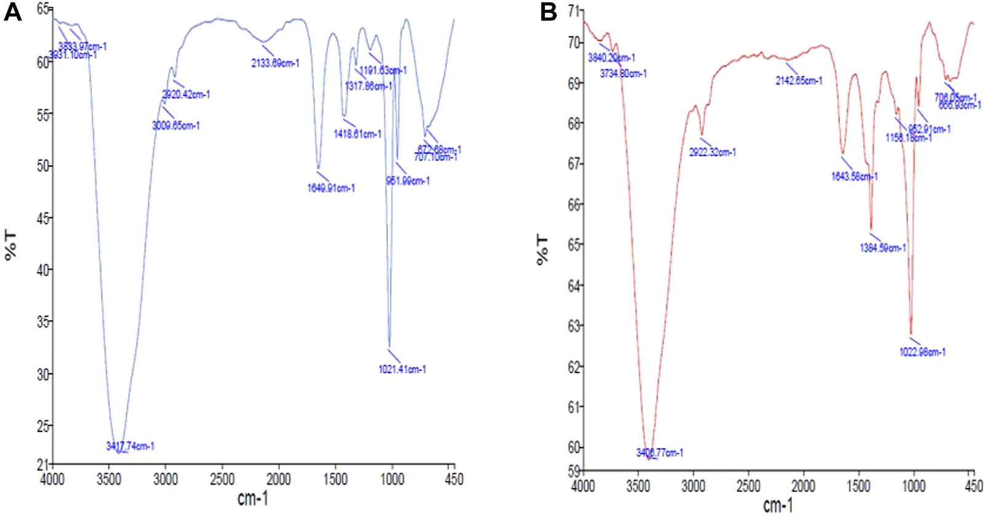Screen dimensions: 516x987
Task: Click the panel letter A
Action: [x=12, y=12]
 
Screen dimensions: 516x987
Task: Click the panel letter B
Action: [x=548, y=12]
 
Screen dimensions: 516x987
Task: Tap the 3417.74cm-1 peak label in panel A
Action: [x=130, y=447]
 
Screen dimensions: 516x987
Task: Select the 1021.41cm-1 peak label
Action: [x=403, y=370]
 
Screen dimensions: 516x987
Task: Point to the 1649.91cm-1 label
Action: [x=331, y=188]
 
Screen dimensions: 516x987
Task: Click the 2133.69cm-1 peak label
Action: [x=275, y=63]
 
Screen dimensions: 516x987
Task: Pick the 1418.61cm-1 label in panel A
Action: [x=358, y=134]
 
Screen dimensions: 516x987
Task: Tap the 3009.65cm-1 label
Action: [x=176, y=126]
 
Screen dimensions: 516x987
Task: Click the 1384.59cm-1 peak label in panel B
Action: [x=883, y=248]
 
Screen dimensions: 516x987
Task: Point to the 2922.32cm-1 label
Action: [x=712, y=153]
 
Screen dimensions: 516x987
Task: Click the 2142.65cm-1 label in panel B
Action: [x=799, y=81]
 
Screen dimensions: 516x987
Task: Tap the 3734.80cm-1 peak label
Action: [x=623, y=74]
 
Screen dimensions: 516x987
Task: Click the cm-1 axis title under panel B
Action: [x=777, y=506]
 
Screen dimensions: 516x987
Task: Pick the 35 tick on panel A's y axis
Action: [x=42, y=322]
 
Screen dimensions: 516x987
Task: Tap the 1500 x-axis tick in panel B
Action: [x=859, y=487]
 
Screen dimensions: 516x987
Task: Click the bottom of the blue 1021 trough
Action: [x=390, y=347]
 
